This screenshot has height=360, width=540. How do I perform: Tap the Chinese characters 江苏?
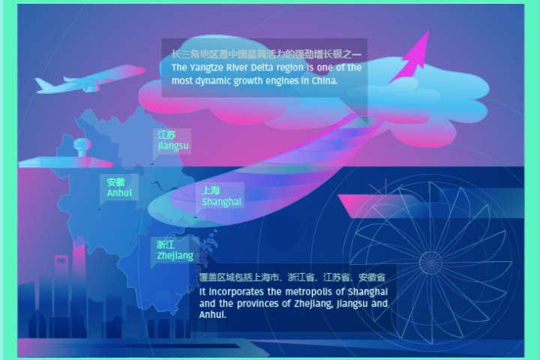pos(166,134)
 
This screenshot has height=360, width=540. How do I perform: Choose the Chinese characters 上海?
pos(211,190)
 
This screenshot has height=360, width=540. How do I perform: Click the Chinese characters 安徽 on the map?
pos(115,182)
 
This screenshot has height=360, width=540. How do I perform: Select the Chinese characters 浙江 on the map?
pos(166,245)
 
